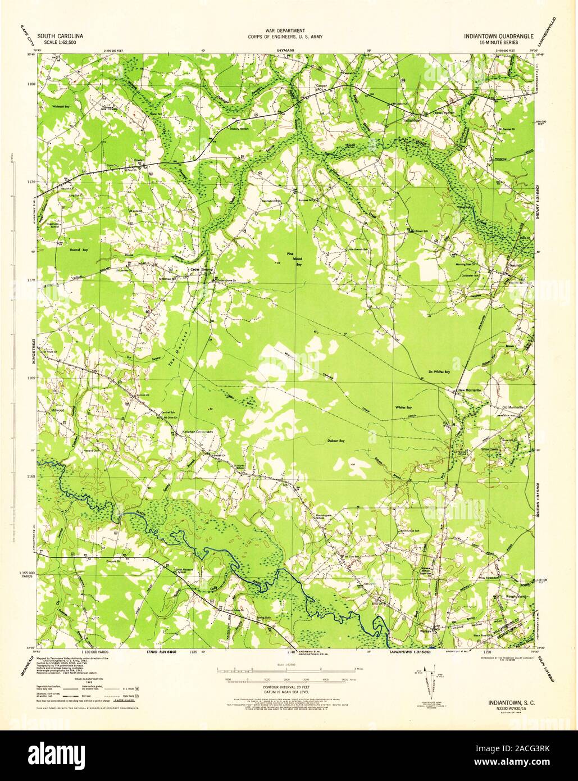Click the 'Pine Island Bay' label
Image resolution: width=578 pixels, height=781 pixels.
pyautogui.click(x=290, y=259)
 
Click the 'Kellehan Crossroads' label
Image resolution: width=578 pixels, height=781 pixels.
pyautogui.click(x=193, y=432)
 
